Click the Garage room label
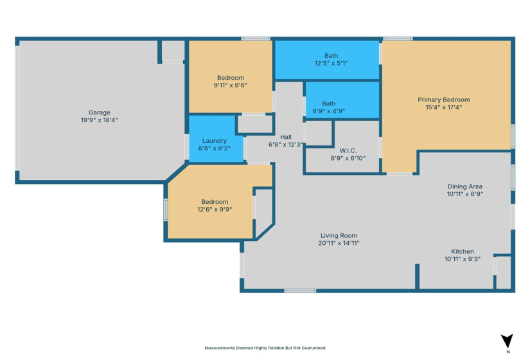point(100,112)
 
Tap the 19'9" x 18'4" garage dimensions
point(100,120)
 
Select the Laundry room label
point(215,140)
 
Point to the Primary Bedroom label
point(443,100)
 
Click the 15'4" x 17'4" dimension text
point(443,107)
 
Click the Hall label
point(287,137)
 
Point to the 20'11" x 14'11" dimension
point(338,243)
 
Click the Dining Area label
point(464,186)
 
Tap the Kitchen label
point(462,251)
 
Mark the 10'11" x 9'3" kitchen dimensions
point(463,259)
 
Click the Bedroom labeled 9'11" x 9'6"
point(230,77)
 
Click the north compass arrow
point(507,341)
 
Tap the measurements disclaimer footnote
point(265,348)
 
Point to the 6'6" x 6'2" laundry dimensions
point(215,148)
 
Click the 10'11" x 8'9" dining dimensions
point(464,194)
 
